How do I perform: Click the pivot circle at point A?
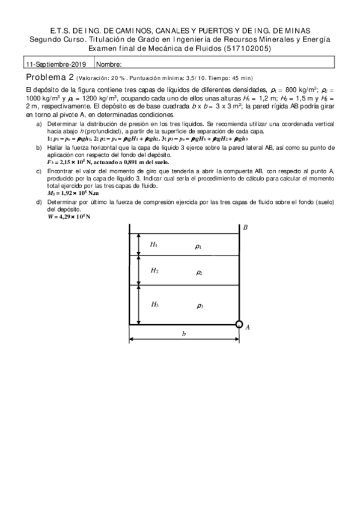(239, 325)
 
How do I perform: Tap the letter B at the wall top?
(246, 227)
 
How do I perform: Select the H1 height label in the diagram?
(154, 244)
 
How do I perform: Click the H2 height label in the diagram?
(154, 271)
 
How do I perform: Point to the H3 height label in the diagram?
(154, 304)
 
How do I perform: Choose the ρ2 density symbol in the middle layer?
(200, 273)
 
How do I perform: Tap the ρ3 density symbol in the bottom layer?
(200, 306)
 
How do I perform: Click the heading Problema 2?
(50, 77)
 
